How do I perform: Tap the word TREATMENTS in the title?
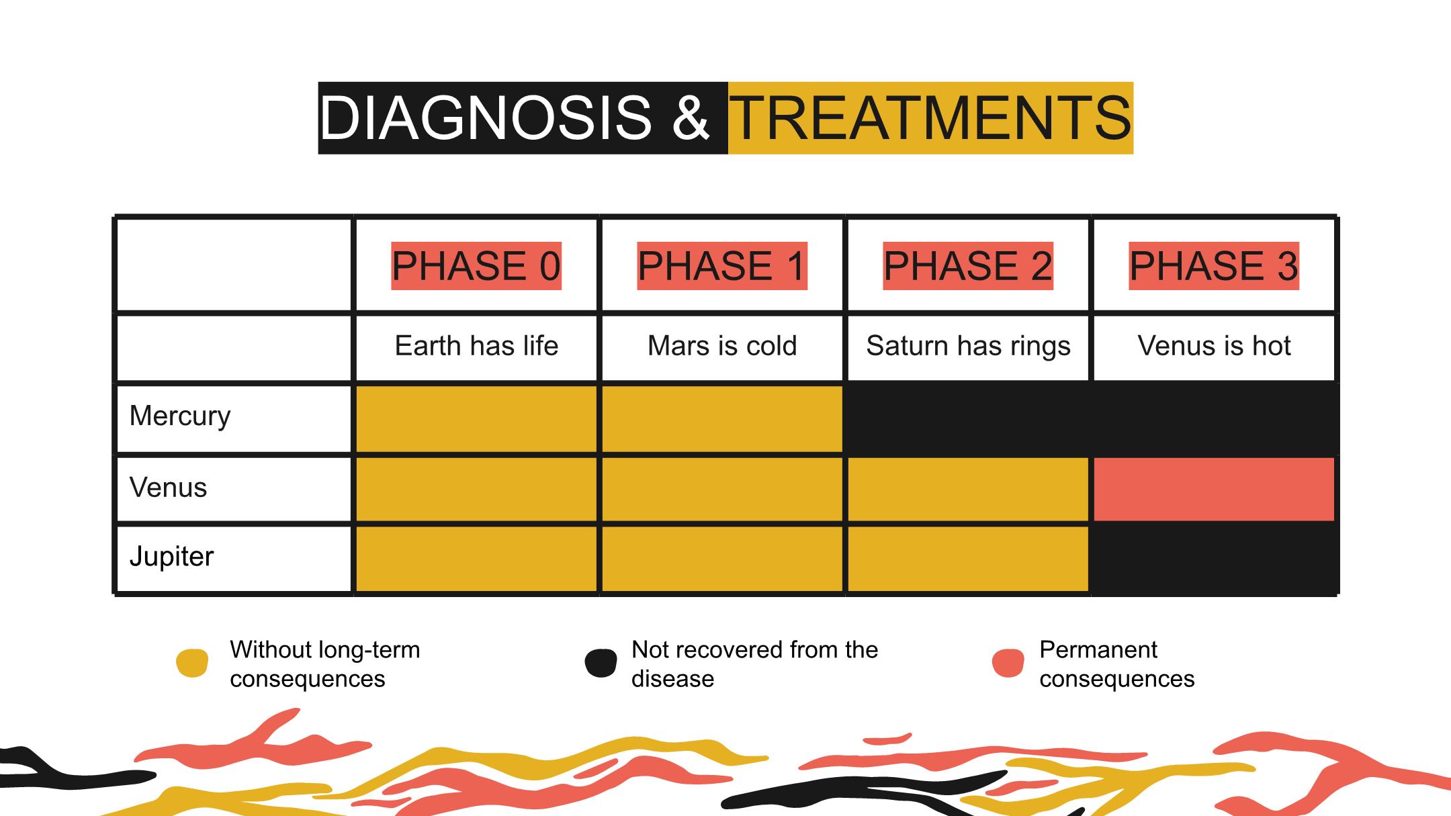point(931,118)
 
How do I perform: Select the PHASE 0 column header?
point(476,265)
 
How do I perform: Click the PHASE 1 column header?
point(722,265)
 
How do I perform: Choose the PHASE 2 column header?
point(968,265)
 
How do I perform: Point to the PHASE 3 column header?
point(1214,265)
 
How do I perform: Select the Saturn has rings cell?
point(968,347)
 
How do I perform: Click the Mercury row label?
point(180,416)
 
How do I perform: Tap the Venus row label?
point(168,488)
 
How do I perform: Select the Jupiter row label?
point(171,557)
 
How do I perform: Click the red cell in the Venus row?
point(1214,489)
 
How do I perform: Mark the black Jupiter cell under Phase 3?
point(1214,559)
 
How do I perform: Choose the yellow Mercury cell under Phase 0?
point(476,418)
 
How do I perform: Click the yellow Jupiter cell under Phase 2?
point(968,559)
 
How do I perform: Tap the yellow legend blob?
point(192,663)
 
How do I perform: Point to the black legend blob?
point(601,663)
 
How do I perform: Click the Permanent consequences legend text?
point(1117,664)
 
